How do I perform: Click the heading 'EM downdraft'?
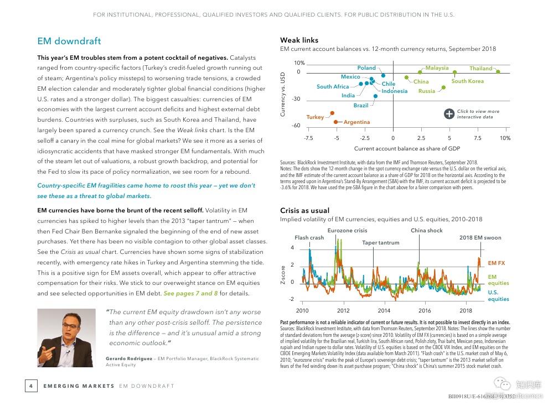[x=69, y=41]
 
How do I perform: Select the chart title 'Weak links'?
[x=299, y=40]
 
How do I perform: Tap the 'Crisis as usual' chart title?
[x=304, y=211]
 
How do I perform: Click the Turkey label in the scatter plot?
[x=315, y=117]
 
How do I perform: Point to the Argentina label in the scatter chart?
[x=356, y=122]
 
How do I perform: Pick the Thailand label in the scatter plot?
[x=480, y=69]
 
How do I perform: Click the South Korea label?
[x=467, y=81]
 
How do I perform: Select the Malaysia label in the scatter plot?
[x=437, y=68]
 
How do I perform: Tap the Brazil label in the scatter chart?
[x=361, y=105]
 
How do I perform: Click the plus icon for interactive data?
[x=449, y=114]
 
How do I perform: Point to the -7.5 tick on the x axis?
[x=308, y=138]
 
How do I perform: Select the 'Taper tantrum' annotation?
[x=380, y=243]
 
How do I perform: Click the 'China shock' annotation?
[x=427, y=231]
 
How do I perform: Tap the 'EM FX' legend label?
[x=497, y=263]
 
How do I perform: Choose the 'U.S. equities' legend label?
[x=498, y=295]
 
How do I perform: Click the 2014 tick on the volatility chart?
[x=384, y=310]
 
